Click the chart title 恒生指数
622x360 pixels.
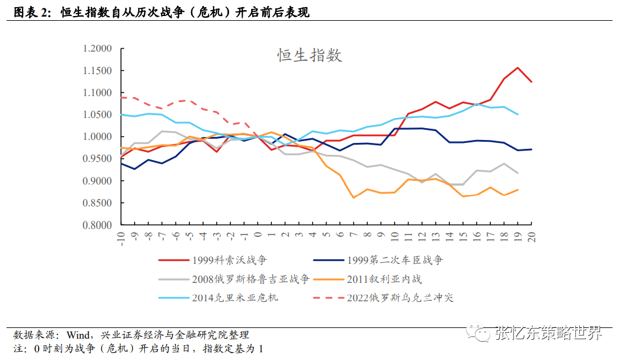310,56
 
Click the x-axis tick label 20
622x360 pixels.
531,236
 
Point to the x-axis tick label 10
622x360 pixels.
395,236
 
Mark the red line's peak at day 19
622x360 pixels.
518,68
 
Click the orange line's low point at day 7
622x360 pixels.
354,197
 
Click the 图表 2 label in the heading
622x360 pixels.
29,12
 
